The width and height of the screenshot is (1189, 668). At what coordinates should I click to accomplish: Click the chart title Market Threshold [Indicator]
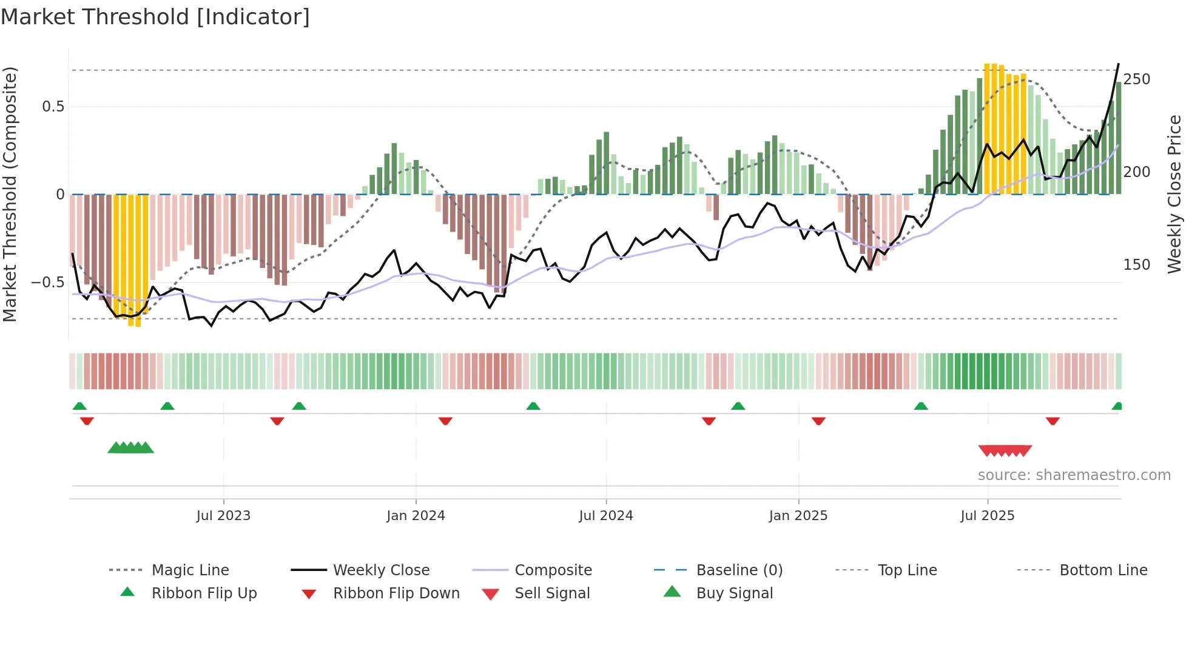coord(155,17)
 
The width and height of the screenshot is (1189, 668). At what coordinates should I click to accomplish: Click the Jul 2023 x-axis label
coord(223,516)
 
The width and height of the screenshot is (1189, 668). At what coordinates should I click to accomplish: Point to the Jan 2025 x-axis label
coord(798,516)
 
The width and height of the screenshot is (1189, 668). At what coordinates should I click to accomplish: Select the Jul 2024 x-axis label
coord(605,516)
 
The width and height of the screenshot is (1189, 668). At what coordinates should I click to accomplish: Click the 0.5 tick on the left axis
coord(53,107)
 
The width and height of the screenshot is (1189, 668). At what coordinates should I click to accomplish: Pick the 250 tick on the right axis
coord(1136,79)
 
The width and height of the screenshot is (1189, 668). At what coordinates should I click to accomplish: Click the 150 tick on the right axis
coord(1136,265)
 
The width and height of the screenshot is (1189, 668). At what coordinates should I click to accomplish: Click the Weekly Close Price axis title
coord(1174,194)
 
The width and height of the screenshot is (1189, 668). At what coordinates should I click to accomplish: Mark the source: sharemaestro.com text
coord(1074,475)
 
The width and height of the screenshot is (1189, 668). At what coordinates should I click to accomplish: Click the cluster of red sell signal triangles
coord(1005,450)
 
